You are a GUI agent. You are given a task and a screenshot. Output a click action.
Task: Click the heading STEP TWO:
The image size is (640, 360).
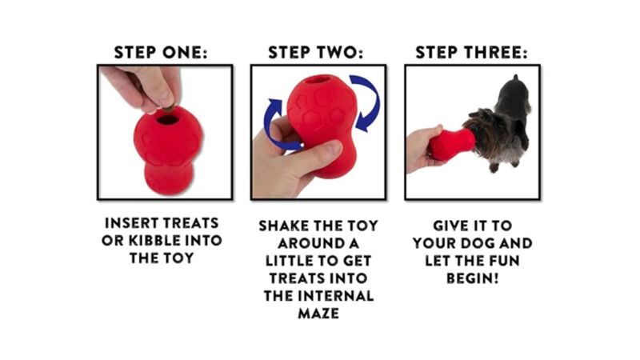pyautogui.click(x=316, y=53)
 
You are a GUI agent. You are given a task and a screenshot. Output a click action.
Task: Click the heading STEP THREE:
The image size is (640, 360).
pyautogui.click(x=471, y=53)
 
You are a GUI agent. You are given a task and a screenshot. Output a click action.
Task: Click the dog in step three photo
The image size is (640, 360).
pyautogui.click(x=500, y=120)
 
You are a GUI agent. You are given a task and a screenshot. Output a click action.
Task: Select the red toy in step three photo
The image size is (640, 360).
pyautogui.click(x=448, y=144)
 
